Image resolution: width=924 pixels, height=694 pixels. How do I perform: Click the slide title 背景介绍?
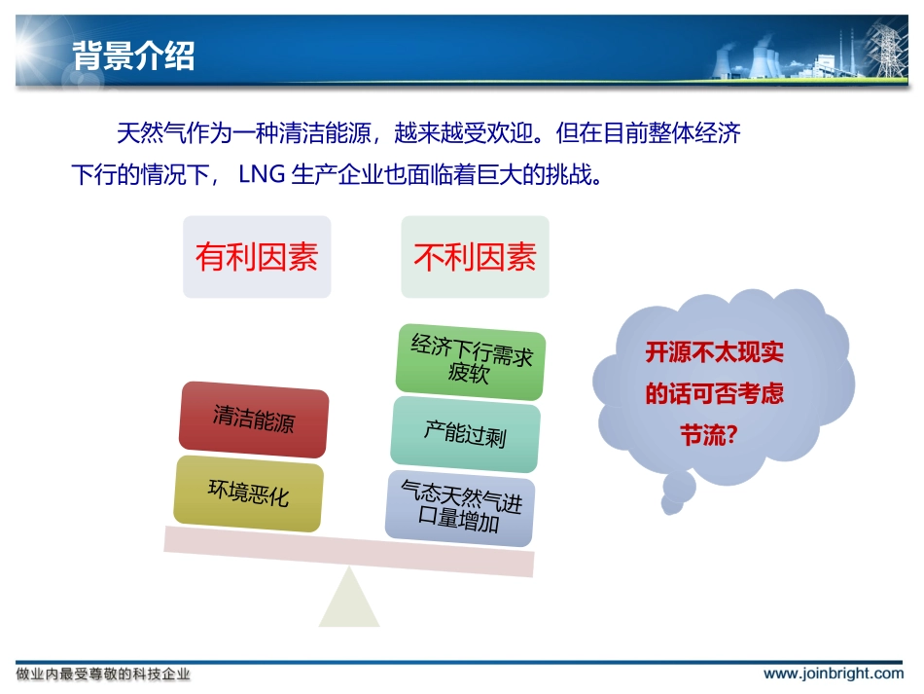[133, 55]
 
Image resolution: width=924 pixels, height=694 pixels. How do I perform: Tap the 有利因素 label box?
[257, 257]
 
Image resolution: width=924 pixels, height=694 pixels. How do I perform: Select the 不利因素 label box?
[475, 257]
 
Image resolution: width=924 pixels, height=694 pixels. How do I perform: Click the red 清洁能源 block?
[254, 420]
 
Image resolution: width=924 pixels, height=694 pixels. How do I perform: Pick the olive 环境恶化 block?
[249, 493]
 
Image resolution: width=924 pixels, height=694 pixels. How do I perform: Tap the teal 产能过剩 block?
[465, 432]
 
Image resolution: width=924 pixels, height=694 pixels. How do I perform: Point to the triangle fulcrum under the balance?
[348, 601]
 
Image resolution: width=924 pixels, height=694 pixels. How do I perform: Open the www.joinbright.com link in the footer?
[833, 674]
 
